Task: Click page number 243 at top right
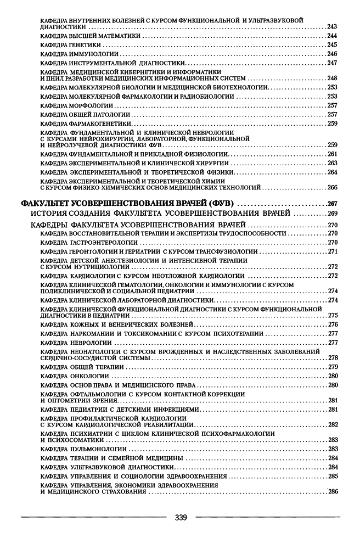[332, 26]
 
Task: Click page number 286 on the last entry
[332, 491]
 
